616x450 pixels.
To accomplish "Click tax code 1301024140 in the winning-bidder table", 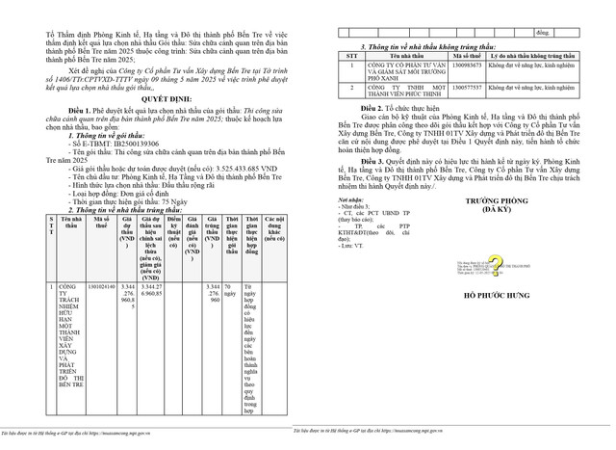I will click(102, 287).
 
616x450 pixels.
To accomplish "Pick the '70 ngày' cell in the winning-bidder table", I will click(231, 291).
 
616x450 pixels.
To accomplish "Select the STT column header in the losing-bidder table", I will click(350, 55).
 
